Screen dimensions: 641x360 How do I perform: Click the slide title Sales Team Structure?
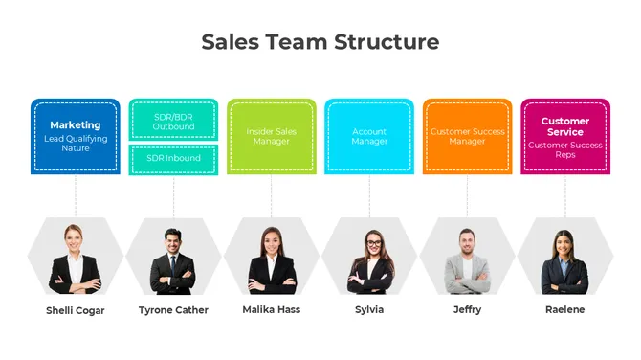pos(320,42)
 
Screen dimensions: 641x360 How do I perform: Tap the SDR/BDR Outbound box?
pos(174,122)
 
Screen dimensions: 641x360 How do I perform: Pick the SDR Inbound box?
pos(174,158)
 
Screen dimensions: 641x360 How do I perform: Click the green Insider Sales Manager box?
pos(272,136)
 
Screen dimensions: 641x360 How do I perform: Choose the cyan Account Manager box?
pos(369,136)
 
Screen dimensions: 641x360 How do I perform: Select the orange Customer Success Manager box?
pos(468,136)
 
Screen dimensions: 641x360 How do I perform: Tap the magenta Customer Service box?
pos(565,136)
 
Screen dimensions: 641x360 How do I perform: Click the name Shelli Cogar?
pos(76,310)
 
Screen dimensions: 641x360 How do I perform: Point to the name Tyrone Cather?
pos(173,310)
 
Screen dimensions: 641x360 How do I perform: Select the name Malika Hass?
pos(272,310)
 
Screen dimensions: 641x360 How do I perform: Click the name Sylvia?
pos(369,310)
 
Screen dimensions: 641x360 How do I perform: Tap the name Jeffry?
pos(468,310)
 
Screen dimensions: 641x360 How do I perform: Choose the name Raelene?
pos(565,310)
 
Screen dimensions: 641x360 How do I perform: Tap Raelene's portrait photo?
pos(565,259)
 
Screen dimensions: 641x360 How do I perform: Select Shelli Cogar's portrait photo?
pos(76,259)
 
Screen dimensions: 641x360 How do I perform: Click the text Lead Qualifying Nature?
pos(76,144)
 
